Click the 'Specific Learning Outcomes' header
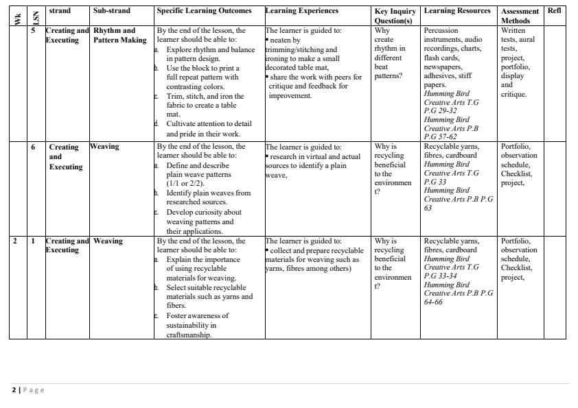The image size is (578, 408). [x=204, y=11]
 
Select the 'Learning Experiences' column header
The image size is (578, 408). [x=301, y=11]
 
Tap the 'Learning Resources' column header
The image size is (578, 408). [x=457, y=11]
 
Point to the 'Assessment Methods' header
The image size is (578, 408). [x=520, y=16]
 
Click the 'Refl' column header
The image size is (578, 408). [x=554, y=11]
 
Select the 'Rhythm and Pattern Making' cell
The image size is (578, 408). [x=119, y=36]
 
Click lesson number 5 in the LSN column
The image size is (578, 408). [x=33, y=31]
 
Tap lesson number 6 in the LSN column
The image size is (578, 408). [x=33, y=147]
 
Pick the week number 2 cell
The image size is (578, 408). [x=14, y=241]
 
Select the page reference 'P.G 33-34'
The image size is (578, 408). [x=440, y=276]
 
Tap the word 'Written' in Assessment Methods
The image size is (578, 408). [x=513, y=31]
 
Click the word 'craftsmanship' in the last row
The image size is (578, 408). [x=189, y=335]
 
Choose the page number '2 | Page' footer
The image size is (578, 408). [x=28, y=390]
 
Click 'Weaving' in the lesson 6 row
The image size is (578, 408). [x=104, y=147]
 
